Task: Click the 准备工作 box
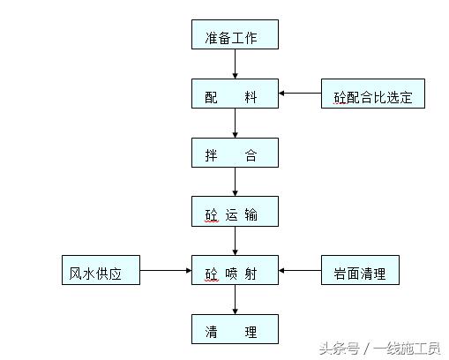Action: click(235, 34)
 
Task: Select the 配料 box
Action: click(235, 94)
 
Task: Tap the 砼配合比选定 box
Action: click(373, 94)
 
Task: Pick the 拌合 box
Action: click(235, 153)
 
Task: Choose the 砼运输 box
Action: click(235, 212)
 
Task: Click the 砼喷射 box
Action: click(235, 270)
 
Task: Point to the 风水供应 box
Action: click(101, 270)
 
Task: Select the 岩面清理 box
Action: click(360, 270)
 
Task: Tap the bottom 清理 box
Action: click(235, 329)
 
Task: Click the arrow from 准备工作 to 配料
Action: click(235, 64)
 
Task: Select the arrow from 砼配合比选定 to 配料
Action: click(300, 94)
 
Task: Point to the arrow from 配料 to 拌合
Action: click(235, 124)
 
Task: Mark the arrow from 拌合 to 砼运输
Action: click(235, 182)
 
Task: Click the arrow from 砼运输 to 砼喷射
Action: click(235, 241)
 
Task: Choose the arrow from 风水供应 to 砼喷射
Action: click(166, 270)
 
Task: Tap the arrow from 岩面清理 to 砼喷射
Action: click(300, 270)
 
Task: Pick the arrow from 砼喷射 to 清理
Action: click(235, 300)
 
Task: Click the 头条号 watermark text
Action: click(339, 349)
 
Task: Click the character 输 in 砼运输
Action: click(251, 214)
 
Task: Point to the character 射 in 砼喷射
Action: click(251, 274)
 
